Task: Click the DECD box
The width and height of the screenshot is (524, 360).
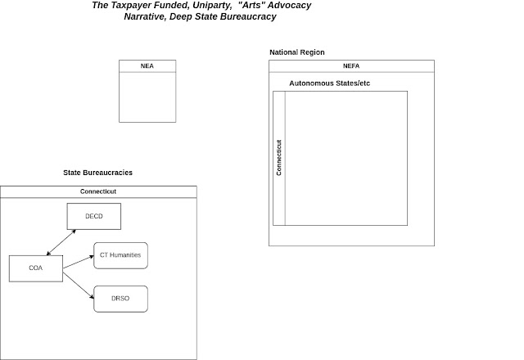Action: click(94, 217)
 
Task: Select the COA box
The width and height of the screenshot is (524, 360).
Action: click(36, 268)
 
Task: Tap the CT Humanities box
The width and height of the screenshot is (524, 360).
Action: click(120, 255)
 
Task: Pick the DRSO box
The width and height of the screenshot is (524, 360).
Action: click(120, 299)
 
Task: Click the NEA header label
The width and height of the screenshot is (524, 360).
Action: click(147, 65)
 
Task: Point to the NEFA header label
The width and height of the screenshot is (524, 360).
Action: click(351, 65)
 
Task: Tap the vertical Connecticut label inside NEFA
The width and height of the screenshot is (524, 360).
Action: click(279, 157)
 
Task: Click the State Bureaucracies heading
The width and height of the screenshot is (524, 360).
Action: click(98, 173)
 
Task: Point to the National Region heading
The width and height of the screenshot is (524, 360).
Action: click(296, 52)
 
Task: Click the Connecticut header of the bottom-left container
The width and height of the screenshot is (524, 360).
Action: click(98, 191)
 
